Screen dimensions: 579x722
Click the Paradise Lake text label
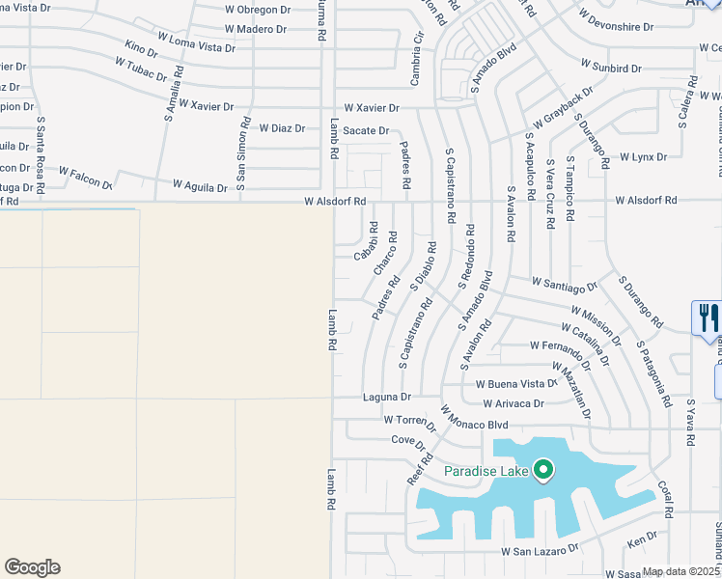tap(486, 471)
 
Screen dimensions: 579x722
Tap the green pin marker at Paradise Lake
tap(543, 470)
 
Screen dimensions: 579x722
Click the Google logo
tap(32, 567)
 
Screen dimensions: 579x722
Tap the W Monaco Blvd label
tap(474, 417)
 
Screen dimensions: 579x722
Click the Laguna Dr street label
tap(387, 397)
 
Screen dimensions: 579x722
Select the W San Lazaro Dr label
tap(539, 549)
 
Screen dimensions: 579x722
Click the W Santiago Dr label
tap(565, 284)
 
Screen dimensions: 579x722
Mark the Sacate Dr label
tap(367, 130)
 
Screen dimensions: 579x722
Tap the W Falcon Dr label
tap(85, 176)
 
